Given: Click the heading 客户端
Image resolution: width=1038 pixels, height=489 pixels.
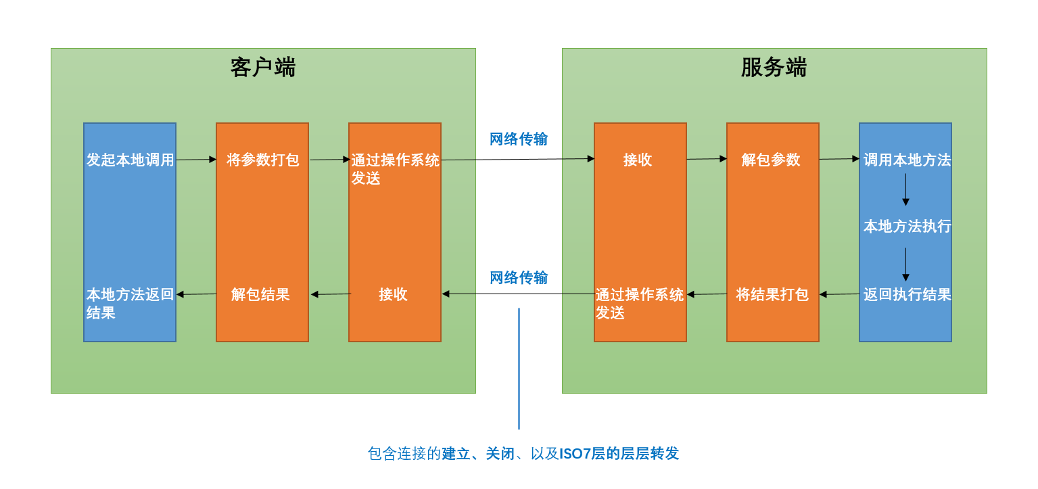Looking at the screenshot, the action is click(x=263, y=68).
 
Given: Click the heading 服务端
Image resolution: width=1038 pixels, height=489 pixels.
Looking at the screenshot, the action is click(x=774, y=68).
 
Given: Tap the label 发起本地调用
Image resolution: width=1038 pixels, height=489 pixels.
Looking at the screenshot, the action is click(x=131, y=160).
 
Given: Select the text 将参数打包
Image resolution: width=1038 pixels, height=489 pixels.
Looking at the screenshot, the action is click(x=263, y=160).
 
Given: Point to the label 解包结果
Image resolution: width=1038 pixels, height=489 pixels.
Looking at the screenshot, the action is click(x=260, y=294).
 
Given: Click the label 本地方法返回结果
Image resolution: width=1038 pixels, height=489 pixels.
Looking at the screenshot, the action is click(x=131, y=304).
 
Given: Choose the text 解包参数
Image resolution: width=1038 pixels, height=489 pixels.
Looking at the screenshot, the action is click(x=771, y=160).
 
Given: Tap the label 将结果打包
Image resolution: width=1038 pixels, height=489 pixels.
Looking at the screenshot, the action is click(x=772, y=294).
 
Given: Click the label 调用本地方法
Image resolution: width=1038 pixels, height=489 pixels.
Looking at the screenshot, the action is click(x=907, y=160).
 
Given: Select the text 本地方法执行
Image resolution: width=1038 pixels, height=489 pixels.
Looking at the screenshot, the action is click(x=907, y=226).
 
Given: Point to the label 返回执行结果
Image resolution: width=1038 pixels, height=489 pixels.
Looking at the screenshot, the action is click(x=907, y=294).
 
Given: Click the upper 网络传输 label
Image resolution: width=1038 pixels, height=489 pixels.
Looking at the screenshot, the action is click(x=519, y=139).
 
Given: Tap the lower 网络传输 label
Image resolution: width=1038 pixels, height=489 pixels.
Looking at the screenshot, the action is click(x=519, y=277).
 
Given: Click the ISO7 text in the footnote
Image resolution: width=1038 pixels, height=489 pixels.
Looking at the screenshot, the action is click(x=575, y=453).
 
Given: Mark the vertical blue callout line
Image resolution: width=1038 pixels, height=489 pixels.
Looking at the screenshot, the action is click(x=519, y=369).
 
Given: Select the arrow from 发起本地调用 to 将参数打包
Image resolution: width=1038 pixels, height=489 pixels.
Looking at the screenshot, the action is click(x=197, y=160).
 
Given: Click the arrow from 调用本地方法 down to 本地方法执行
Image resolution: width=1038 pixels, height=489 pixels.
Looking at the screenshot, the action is click(x=905, y=189).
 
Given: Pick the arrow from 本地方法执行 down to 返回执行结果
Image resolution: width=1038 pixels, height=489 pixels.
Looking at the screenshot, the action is click(x=905, y=264).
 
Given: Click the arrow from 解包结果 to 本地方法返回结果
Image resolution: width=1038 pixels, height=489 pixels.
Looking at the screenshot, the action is click(x=197, y=294).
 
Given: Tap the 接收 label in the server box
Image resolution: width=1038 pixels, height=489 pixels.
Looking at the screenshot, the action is click(x=638, y=160).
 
